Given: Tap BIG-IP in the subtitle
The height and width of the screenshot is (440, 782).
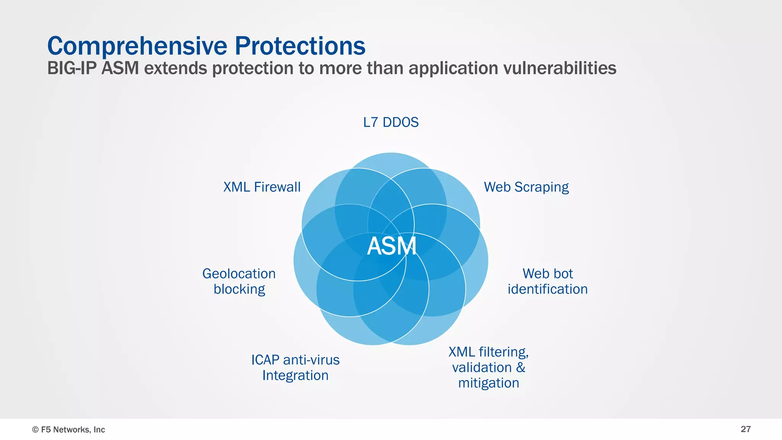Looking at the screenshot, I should click(71, 69).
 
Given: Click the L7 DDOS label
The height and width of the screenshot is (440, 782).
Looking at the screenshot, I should click(391, 122).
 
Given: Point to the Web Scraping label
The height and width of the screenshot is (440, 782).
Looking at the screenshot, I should click(526, 187).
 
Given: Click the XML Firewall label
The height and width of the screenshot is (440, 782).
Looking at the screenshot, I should click(262, 187).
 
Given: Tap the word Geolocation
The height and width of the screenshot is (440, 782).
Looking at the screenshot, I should click(239, 274).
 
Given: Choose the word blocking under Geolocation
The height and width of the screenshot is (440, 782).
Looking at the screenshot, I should click(239, 289).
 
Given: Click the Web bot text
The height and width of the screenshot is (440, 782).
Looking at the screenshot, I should click(548, 274).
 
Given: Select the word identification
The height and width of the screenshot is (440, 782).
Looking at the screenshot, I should click(548, 289).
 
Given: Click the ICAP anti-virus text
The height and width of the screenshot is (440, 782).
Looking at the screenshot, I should click(295, 360).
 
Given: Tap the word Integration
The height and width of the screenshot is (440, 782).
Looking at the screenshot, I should click(295, 376).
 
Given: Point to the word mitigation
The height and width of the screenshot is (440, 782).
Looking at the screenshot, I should click(488, 383).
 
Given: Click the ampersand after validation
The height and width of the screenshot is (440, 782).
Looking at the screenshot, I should click(521, 367).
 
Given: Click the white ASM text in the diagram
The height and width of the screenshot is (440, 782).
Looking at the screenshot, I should click(391, 246).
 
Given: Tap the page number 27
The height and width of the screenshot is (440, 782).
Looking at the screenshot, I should click(745, 429).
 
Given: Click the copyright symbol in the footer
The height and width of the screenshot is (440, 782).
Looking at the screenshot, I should click(36, 430).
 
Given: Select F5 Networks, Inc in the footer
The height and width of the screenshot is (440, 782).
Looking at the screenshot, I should click(73, 430).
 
